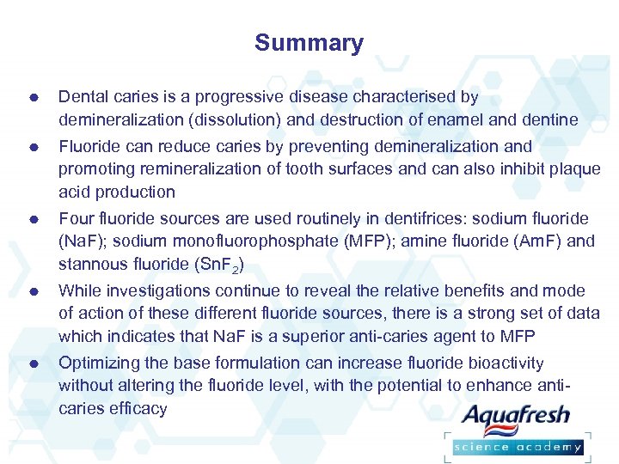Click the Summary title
[309, 43]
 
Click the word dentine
[549, 120]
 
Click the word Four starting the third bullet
[76, 218]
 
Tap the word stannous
[92, 263]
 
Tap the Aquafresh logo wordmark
[516, 417]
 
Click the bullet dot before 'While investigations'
[31, 292]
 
